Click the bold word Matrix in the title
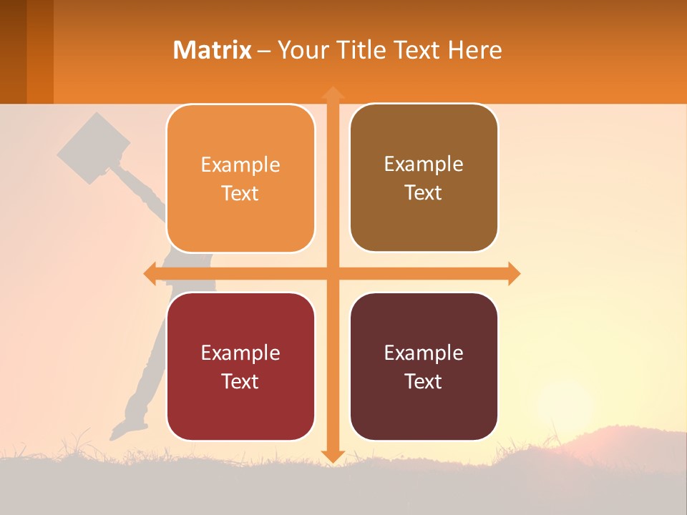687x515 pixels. coord(212,50)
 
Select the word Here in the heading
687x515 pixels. coord(474,50)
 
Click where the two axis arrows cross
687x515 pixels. coord(333,273)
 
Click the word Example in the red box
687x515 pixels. coord(240,353)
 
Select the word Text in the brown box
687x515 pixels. coord(424,193)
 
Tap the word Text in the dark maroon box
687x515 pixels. coord(424,381)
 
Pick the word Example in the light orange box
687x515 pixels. coord(240,165)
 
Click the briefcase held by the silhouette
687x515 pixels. coord(93,148)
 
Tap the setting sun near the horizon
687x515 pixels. coord(565,408)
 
